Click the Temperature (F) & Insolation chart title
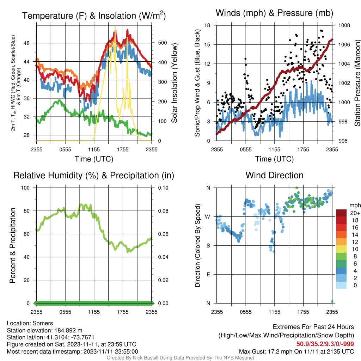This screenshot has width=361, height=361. [x=94, y=16]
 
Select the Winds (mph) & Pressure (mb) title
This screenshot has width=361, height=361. [x=274, y=13]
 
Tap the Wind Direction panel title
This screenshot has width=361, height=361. [x=274, y=175]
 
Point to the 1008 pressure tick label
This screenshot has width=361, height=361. [x=344, y=25]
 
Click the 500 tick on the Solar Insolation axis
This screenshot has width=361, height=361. [x=163, y=43]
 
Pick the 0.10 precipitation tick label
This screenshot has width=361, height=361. [x=163, y=188]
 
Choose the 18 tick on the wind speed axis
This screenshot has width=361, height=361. [x=207, y=25]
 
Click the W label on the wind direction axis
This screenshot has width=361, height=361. [x=208, y=217]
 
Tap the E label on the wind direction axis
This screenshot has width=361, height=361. [x=208, y=274]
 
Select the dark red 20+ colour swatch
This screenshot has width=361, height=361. [x=341, y=213]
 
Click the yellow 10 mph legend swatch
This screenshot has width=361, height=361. [x=341, y=249]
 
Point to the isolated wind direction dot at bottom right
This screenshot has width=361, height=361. [x=332, y=301]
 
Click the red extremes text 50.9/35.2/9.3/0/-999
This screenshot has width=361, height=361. [x=325, y=344]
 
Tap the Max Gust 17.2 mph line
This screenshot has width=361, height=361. [x=296, y=351]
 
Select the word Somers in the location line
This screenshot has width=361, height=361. [x=43, y=323]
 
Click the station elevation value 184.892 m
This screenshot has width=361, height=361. [x=68, y=330]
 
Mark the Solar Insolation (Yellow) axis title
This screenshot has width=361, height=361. [x=175, y=83]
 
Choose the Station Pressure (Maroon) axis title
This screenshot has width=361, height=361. [x=357, y=83]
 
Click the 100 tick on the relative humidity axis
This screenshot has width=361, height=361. [x=25, y=188]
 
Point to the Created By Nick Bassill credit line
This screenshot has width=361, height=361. [x=180, y=358]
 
